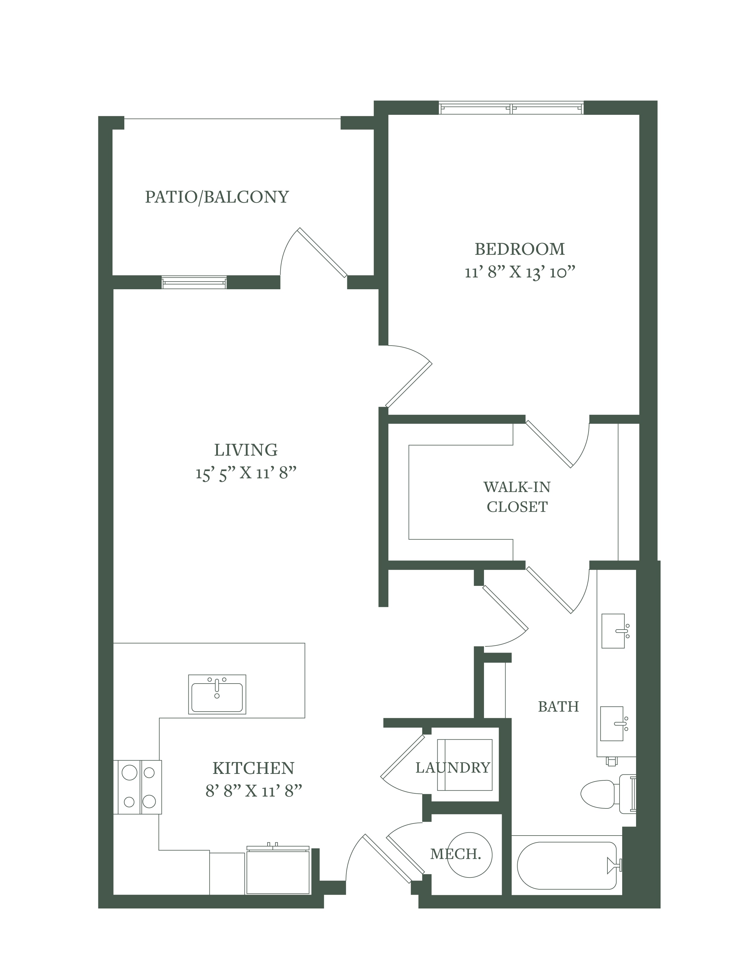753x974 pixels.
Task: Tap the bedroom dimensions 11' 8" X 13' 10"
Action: (x=520, y=272)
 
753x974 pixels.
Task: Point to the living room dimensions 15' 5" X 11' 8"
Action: (x=246, y=473)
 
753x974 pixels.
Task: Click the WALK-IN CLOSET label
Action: (x=517, y=497)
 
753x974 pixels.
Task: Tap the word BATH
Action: (x=558, y=706)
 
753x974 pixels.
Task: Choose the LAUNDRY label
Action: (x=453, y=767)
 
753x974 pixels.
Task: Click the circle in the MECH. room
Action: (x=470, y=854)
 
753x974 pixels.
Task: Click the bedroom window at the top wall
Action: (x=511, y=108)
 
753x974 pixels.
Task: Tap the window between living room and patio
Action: (x=194, y=282)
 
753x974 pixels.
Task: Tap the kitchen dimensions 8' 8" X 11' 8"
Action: (x=254, y=791)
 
